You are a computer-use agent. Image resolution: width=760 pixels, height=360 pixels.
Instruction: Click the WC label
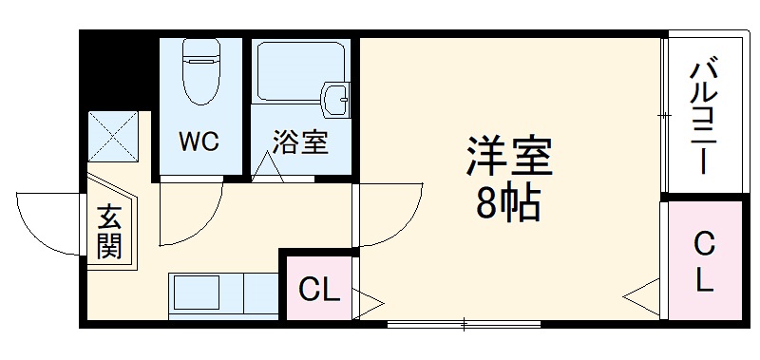199,142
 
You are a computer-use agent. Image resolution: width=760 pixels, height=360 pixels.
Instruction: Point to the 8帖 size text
508,203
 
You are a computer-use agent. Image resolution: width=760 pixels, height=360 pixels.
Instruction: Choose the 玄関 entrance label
108,233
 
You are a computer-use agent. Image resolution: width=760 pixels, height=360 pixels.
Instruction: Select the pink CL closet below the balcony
704,261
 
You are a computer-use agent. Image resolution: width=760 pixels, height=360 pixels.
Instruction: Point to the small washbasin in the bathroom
335,98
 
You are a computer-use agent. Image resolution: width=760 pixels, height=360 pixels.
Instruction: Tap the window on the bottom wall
463,325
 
